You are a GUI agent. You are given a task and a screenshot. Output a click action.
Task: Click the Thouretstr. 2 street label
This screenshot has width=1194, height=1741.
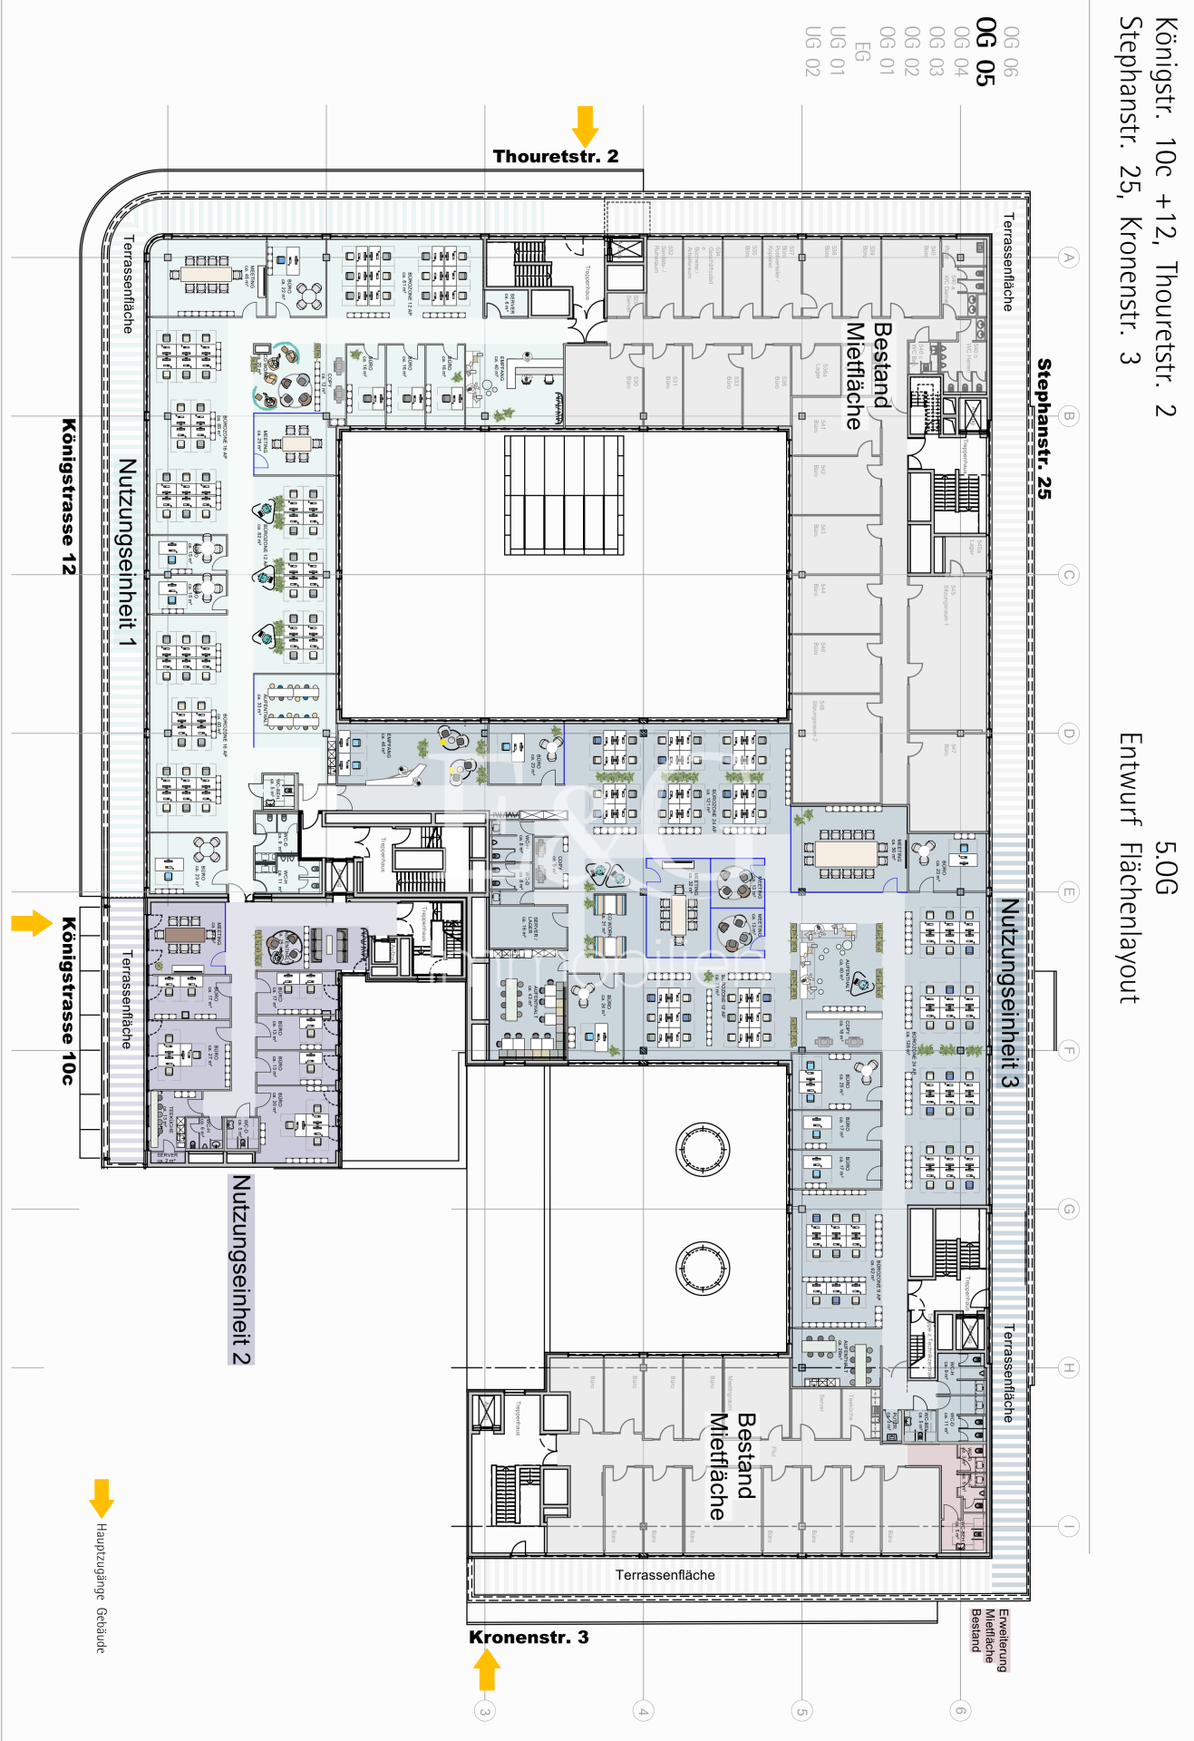pyautogui.click(x=555, y=156)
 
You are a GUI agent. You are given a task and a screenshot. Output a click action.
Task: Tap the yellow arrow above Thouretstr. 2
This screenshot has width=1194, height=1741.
pyautogui.click(x=585, y=125)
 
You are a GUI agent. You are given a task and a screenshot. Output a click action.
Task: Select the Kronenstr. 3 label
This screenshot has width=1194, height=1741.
pyautogui.click(x=529, y=1637)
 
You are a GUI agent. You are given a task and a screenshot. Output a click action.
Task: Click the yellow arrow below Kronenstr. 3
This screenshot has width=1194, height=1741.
pyautogui.click(x=487, y=1669)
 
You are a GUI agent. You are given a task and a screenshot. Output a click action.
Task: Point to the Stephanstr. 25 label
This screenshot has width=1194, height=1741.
pyautogui.click(x=1044, y=428)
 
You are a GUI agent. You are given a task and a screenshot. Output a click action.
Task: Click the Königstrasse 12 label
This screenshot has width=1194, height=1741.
pyautogui.click(x=68, y=496)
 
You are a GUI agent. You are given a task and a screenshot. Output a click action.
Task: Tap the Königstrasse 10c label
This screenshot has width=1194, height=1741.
pyautogui.click(x=68, y=1000)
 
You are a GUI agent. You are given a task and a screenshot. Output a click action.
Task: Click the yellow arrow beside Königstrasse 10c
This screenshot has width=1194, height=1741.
pyautogui.click(x=32, y=923)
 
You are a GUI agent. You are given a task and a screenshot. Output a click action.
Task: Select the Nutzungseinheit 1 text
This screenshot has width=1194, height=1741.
pyautogui.click(x=127, y=552)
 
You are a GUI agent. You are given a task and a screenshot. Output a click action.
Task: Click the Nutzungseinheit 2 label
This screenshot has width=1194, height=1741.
pyautogui.click(x=240, y=1269)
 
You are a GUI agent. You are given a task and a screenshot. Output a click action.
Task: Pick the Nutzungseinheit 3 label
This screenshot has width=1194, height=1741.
pyautogui.click(x=1009, y=992)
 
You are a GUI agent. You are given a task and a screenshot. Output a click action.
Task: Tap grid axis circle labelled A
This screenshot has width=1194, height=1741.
pyautogui.click(x=1069, y=258)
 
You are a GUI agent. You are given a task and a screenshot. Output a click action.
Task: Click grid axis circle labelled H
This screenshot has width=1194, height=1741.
pyautogui.click(x=1069, y=1367)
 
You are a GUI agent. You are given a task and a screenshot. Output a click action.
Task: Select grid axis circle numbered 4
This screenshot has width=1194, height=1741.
pyautogui.click(x=643, y=1711)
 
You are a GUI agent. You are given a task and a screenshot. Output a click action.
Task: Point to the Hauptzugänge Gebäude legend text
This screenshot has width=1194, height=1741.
pyautogui.click(x=102, y=1588)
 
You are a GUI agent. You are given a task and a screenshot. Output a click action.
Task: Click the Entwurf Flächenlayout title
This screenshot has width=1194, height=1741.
pyautogui.click(x=1130, y=868)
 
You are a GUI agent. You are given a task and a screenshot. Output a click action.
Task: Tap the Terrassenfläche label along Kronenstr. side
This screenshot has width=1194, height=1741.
pyautogui.click(x=665, y=1575)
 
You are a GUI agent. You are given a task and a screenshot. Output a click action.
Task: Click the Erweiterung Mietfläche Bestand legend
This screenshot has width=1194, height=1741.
pyautogui.click(x=989, y=1639)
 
